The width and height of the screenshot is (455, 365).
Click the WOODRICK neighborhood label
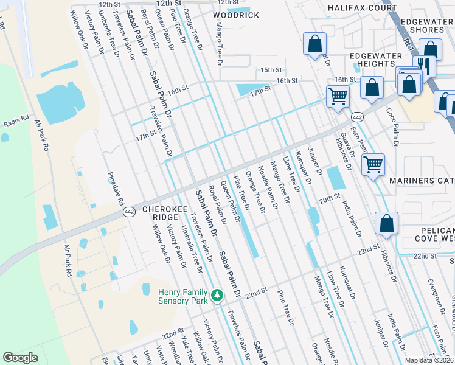coord(236,15)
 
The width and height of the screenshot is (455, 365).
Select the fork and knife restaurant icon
coord(422,66)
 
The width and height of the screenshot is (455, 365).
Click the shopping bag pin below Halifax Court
coord(314,44)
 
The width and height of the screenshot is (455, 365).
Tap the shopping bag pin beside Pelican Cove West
coord(386,223)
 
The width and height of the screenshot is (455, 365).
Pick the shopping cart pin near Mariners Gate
coord(372,163)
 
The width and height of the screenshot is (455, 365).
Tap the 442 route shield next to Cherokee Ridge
coord(128,212)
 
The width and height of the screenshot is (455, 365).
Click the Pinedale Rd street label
coord(116,189)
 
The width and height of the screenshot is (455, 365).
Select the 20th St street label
coord(328,198)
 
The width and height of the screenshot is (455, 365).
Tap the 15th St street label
coord(269,71)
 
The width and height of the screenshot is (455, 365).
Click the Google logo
coord(20,358)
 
